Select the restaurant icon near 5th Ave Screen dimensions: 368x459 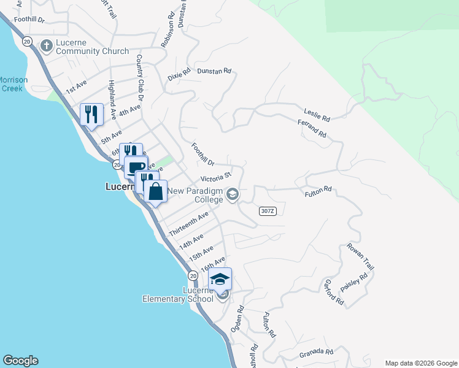tap(91, 114)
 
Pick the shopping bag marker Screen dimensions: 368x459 tap(156, 191)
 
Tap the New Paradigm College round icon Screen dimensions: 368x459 tap(232, 196)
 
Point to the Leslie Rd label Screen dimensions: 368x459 tap(317, 114)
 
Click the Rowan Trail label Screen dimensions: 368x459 tap(360, 258)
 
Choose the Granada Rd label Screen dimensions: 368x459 tap(315, 353)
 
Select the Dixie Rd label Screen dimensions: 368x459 tap(179, 77)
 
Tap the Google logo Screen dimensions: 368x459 tap(20, 361)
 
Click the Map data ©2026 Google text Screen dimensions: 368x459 tap(420, 363)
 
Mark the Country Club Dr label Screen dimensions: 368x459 tap(141, 78)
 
